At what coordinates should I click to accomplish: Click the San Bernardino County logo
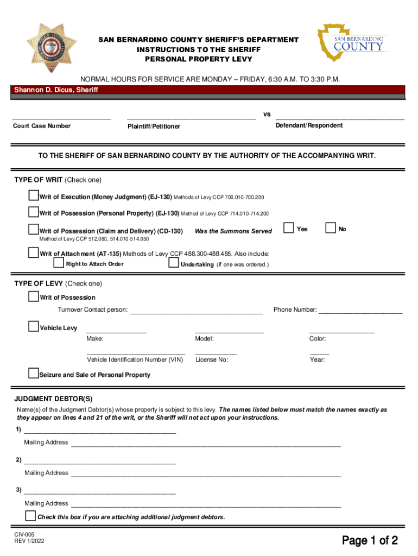click(353, 42)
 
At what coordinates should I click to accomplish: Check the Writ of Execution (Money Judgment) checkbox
click(34, 195)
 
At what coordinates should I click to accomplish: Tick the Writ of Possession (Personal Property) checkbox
click(34, 212)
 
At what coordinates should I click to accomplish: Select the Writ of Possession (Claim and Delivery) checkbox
click(34, 230)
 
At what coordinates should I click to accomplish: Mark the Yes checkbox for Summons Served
click(289, 228)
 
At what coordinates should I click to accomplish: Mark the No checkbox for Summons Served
click(330, 228)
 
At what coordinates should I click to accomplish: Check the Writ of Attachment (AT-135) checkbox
click(34, 252)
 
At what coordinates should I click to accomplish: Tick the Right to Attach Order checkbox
click(59, 263)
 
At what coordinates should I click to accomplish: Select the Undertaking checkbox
click(174, 263)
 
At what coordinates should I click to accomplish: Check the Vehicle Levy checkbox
click(34, 326)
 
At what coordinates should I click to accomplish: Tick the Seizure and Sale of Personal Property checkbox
click(34, 374)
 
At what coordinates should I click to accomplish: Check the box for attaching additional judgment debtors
click(31, 516)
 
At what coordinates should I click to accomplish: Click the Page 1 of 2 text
click(370, 540)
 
